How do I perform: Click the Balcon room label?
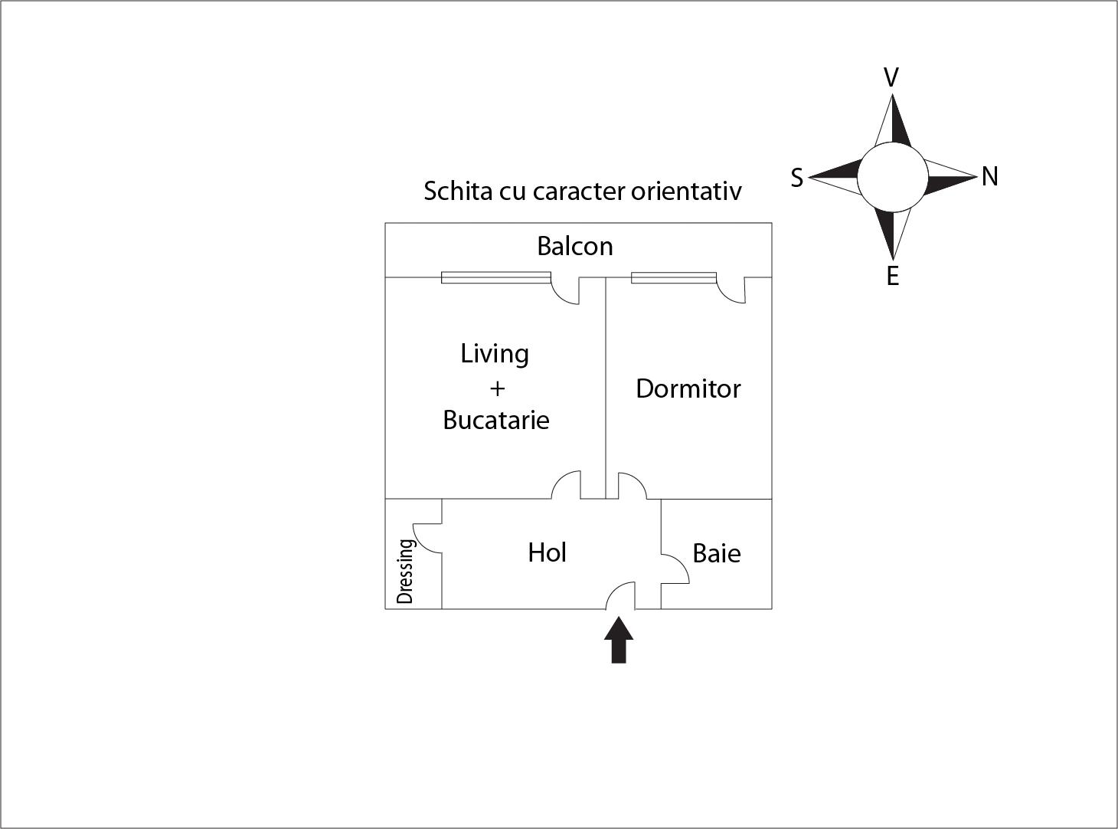[x=574, y=246]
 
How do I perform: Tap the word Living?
[x=495, y=354]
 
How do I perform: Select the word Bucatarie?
[x=496, y=420]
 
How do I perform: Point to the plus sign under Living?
[x=497, y=388]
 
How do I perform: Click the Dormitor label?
[x=688, y=388]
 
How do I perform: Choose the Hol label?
[x=547, y=552]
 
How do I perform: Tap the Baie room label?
[x=716, y=553]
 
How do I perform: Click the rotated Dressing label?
[x=406, y=571]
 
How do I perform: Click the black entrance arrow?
[x=619, y=640]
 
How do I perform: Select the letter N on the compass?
[x=990, y=176]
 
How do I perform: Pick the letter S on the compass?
[x=796, y=178]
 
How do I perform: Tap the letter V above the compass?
[x=891, y=77]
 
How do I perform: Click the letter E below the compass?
[x=893, y=276]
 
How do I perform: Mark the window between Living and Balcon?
[x=496, y=277]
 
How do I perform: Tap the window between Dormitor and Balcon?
[x=673, y=277]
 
